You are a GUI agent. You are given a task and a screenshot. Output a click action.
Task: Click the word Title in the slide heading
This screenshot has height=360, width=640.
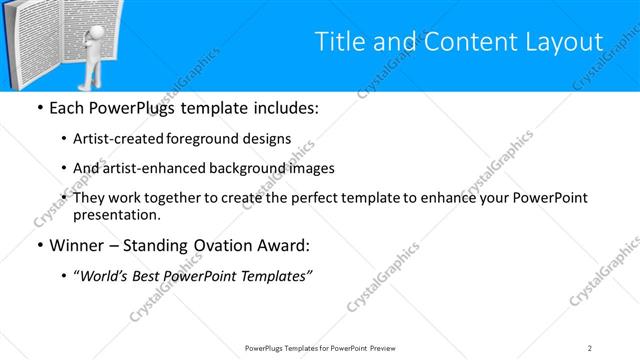click(339, 43)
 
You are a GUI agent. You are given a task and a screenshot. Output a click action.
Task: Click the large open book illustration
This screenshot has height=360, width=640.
click(40, 40)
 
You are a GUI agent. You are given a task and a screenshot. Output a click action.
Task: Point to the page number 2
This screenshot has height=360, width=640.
click(590, 347)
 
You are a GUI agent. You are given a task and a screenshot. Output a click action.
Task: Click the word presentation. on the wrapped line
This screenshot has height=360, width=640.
click(117, 214)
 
